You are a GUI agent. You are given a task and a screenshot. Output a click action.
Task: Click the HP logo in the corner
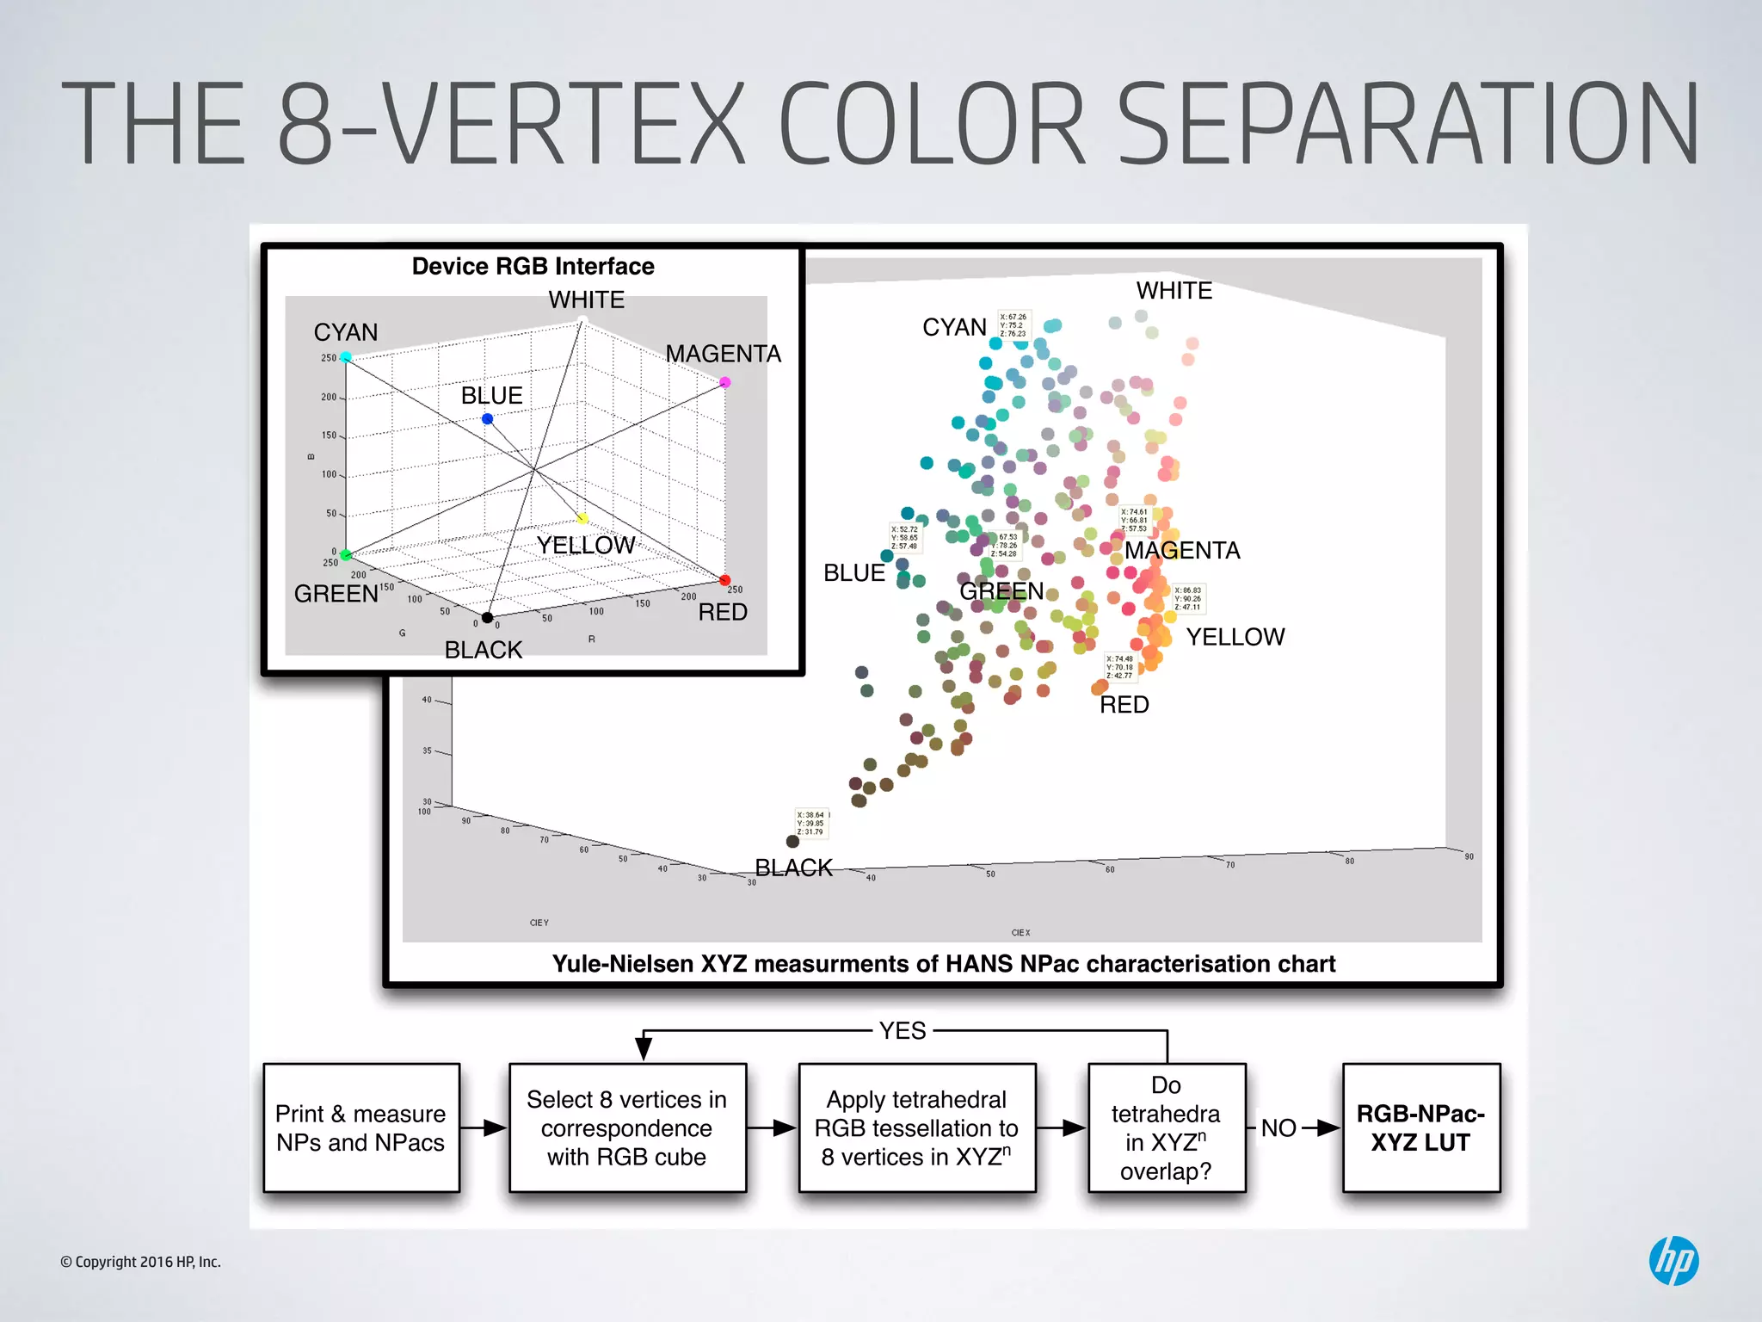click(x=1673, y=1261)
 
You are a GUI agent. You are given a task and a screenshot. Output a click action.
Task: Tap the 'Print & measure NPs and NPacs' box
click(x=361, y=1127)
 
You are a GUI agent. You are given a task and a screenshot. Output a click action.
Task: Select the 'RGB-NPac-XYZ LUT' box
click(x=1420, y=1127)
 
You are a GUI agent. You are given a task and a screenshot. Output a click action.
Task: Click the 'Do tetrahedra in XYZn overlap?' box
click(x=1166, y=1127)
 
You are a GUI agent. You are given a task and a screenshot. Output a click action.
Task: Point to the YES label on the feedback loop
click(x=903, y=1030)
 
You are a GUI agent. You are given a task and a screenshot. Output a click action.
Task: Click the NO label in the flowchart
click(x=1278, y=1127)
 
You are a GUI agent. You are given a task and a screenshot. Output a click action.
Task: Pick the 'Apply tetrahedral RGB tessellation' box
click(x=916, y=1127)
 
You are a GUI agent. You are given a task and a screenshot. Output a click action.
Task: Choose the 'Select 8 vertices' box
click(x=626, y=1127)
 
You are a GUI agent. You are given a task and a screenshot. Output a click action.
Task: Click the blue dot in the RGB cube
click(x=488, y=419)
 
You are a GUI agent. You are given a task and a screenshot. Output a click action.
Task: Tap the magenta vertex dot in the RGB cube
click(x=725, y=382)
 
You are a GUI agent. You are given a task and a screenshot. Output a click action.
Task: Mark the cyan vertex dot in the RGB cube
click(x=346, y=356)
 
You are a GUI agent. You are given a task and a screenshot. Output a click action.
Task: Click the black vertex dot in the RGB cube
click(x=487, y=617)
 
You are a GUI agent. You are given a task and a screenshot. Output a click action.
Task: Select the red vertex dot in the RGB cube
click(x=725, y=580)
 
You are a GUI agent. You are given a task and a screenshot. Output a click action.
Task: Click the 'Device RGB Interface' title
click(x=533, y=266)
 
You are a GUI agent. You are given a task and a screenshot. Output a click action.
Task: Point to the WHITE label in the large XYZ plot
click(x=1174, y=291)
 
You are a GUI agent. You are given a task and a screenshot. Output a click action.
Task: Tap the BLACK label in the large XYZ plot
click(x=793, y=868)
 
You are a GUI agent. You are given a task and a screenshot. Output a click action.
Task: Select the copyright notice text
click(x=140, y=1262)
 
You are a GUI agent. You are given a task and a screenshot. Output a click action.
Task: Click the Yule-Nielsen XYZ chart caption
click(x=943, y=964)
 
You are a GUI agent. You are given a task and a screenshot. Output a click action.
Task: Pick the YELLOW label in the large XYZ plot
click(x=1235, y=637)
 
